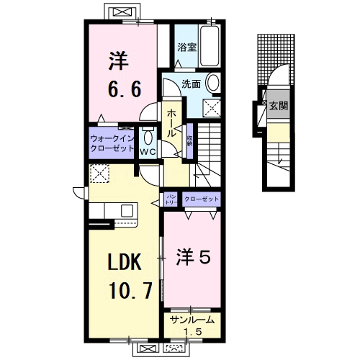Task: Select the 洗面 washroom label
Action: click(191, 83)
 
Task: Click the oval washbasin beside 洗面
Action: click(214, 83)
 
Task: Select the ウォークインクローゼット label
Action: click(111, 142)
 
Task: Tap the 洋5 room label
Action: click(193, 255)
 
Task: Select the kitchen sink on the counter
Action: click(127, 210)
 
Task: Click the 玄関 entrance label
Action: click(279, 106)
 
